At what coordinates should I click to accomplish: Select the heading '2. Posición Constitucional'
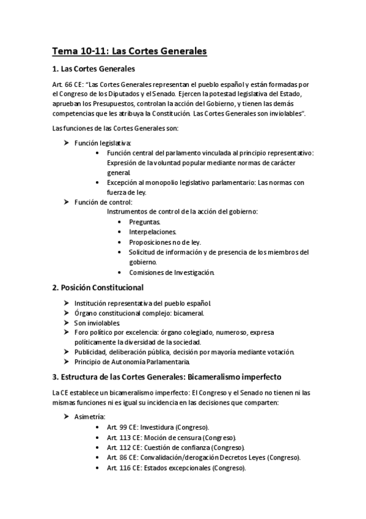click(x=98, y=286)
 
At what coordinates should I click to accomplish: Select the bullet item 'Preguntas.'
click(x=145, y=222)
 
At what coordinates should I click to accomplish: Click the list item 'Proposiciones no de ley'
click(x=164, y=242)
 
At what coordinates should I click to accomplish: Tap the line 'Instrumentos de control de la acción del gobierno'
click(x=182, y=212)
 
